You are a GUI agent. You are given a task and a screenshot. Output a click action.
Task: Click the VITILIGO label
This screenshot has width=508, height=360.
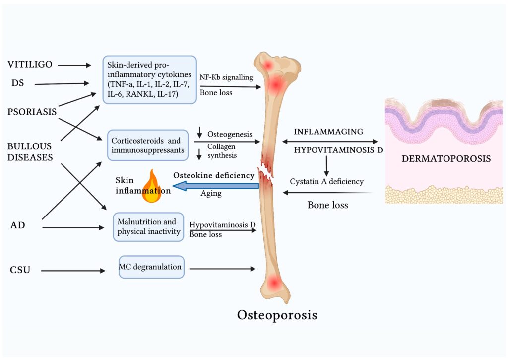click(30, 65)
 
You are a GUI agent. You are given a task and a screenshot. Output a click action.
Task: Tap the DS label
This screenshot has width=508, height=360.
click(17, 84)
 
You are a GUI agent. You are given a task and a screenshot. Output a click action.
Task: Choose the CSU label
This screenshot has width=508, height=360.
click(20, 271)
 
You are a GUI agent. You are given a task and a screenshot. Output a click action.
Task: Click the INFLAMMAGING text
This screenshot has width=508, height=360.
click(328, 132)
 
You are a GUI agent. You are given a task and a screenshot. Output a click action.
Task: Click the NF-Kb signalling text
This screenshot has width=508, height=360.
click(226, 77)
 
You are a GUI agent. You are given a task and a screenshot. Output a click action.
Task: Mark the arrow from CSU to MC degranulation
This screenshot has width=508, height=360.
click(73, 271)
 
